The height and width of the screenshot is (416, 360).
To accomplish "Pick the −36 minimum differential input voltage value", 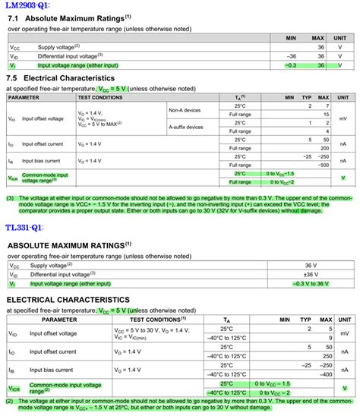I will (290, 55).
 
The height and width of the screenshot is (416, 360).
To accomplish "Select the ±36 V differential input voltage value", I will (323, 274).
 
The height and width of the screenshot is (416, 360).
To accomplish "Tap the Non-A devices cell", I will (185, 110).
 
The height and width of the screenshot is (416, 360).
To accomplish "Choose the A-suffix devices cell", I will (188, 127).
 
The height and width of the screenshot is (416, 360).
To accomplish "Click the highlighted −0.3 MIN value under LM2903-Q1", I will (290, 65).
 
